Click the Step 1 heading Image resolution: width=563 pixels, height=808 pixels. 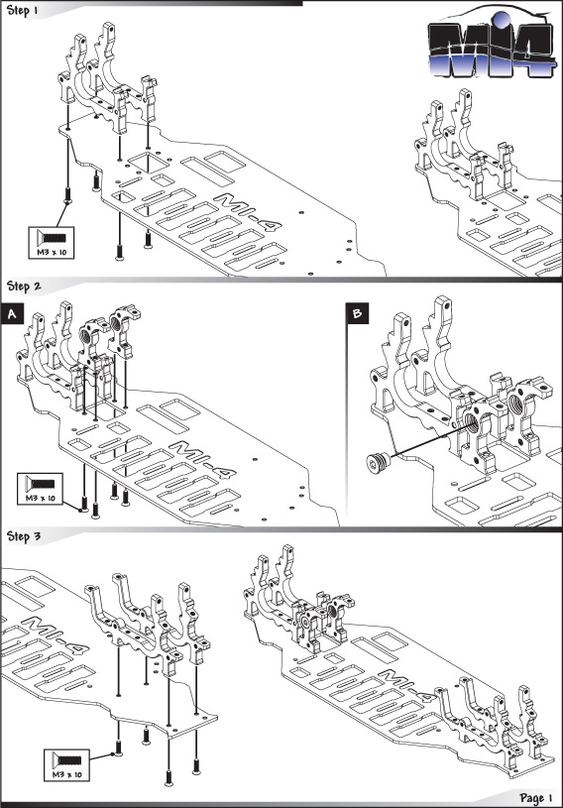click(22, 10)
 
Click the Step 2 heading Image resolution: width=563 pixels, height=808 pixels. click(24, 286)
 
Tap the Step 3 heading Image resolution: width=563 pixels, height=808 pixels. click(24, 536)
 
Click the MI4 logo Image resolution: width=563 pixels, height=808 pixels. click(492, 45)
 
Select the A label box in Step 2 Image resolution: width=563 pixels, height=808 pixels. click(12, 315)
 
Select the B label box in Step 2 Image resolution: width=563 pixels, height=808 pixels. click(358, 313)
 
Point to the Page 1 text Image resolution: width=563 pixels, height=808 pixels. click(536, 798)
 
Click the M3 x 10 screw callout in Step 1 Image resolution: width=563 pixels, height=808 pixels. click(52, 243)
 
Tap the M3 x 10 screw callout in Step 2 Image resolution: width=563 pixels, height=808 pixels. click(41, 489)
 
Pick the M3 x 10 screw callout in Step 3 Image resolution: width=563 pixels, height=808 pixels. click(67, 765)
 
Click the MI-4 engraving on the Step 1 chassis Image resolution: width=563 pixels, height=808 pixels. click(247, 212)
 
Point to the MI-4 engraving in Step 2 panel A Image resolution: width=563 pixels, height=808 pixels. click(203, 460)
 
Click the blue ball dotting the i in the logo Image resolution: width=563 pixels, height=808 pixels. click(501, 20)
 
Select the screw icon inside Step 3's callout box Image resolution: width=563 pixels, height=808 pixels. click(67, 760)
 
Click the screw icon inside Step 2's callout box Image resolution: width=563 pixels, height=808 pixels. click(41, 484)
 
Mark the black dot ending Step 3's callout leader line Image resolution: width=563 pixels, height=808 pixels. click(113, 754)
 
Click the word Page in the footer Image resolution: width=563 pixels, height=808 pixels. click(531, 798)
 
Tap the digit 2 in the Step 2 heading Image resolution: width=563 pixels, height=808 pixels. click(37, 286)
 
